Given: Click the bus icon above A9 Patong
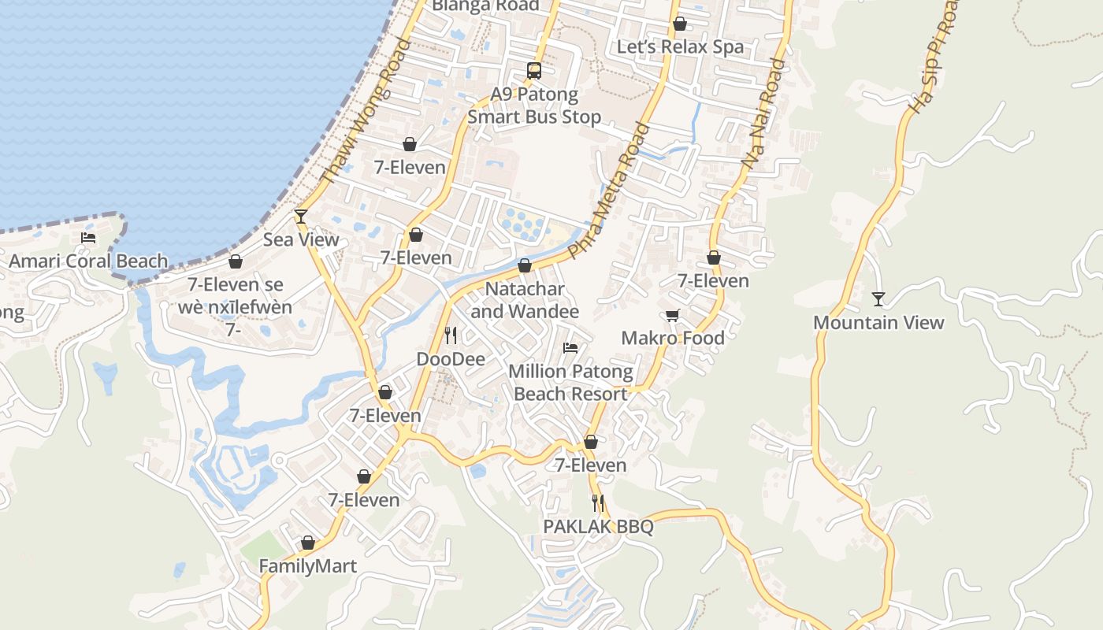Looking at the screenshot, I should (534, 71).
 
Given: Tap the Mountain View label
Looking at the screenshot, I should (878, 323).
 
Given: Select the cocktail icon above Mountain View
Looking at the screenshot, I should (878, 299).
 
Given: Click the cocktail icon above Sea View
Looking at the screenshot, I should (300, 216).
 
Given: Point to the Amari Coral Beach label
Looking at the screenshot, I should (88, 261).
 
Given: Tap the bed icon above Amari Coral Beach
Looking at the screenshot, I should (88, 237).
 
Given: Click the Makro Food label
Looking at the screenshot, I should (673, 338).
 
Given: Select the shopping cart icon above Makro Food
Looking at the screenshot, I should (672, 315).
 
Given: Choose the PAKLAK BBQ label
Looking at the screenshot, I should (598, 526).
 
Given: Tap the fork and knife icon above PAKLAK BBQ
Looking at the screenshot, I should (598, 502).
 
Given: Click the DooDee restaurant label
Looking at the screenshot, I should (451, 359).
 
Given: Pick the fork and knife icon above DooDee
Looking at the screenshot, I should (451, 335).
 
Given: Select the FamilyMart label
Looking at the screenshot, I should (308, 566).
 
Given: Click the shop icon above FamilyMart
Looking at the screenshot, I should (308, 543).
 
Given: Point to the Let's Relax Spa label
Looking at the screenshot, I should (680, 46).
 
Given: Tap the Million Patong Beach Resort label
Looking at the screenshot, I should (570, 383).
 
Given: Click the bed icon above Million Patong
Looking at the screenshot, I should (570, 347).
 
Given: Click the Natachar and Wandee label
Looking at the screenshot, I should (525, 300).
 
